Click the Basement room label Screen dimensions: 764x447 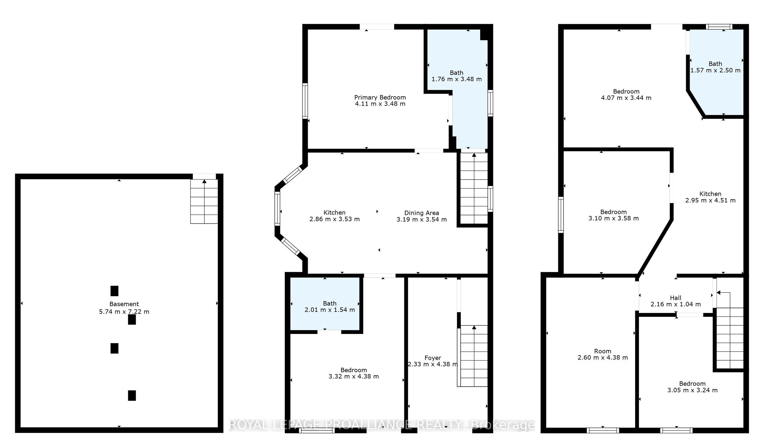pyautogui.click(x=124, y=304)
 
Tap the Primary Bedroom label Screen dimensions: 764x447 pyautogui.click(x=380, y=97)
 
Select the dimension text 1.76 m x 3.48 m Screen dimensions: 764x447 pyautogui.click(x=457, y=79)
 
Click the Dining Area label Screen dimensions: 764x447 pyautogui.click(x=422, y=213)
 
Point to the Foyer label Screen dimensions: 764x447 pyautogui.click(x=433, y=358)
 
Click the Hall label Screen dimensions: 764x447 pyautogui.click(x=676, y=298)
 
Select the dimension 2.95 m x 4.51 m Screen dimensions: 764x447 pyautogui.click(x=711, y=200)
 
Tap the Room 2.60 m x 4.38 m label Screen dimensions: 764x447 pyautogui.click(x=603, y=354)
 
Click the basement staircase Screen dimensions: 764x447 pyautogui.click(x=204, y=201)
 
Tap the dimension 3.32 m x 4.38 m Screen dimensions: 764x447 pyautogui.click(x=354, y=376)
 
